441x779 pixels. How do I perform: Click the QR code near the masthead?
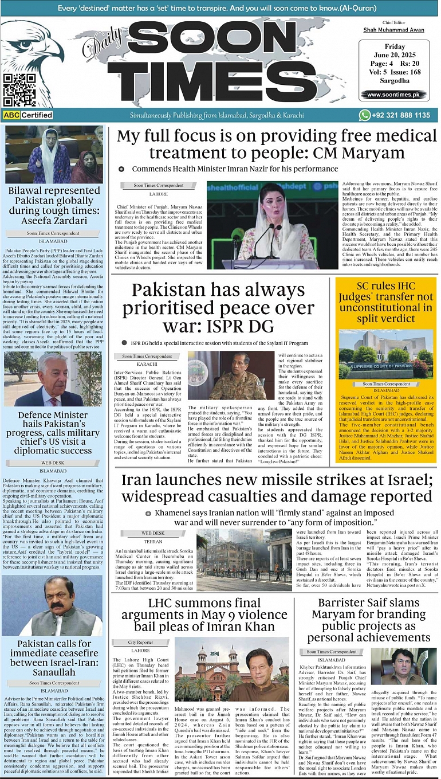[19, 90]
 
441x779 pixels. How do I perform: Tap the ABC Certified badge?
[27, 115]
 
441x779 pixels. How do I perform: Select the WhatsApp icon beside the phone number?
[365, 115]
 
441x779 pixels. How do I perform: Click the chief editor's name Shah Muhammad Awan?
[393, 30]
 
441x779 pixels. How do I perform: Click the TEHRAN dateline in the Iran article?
[153, 541]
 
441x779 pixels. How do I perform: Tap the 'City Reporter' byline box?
[140, 643]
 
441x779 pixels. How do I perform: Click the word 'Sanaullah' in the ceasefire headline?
[53, 672]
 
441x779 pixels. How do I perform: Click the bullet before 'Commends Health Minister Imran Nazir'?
[121, 169]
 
